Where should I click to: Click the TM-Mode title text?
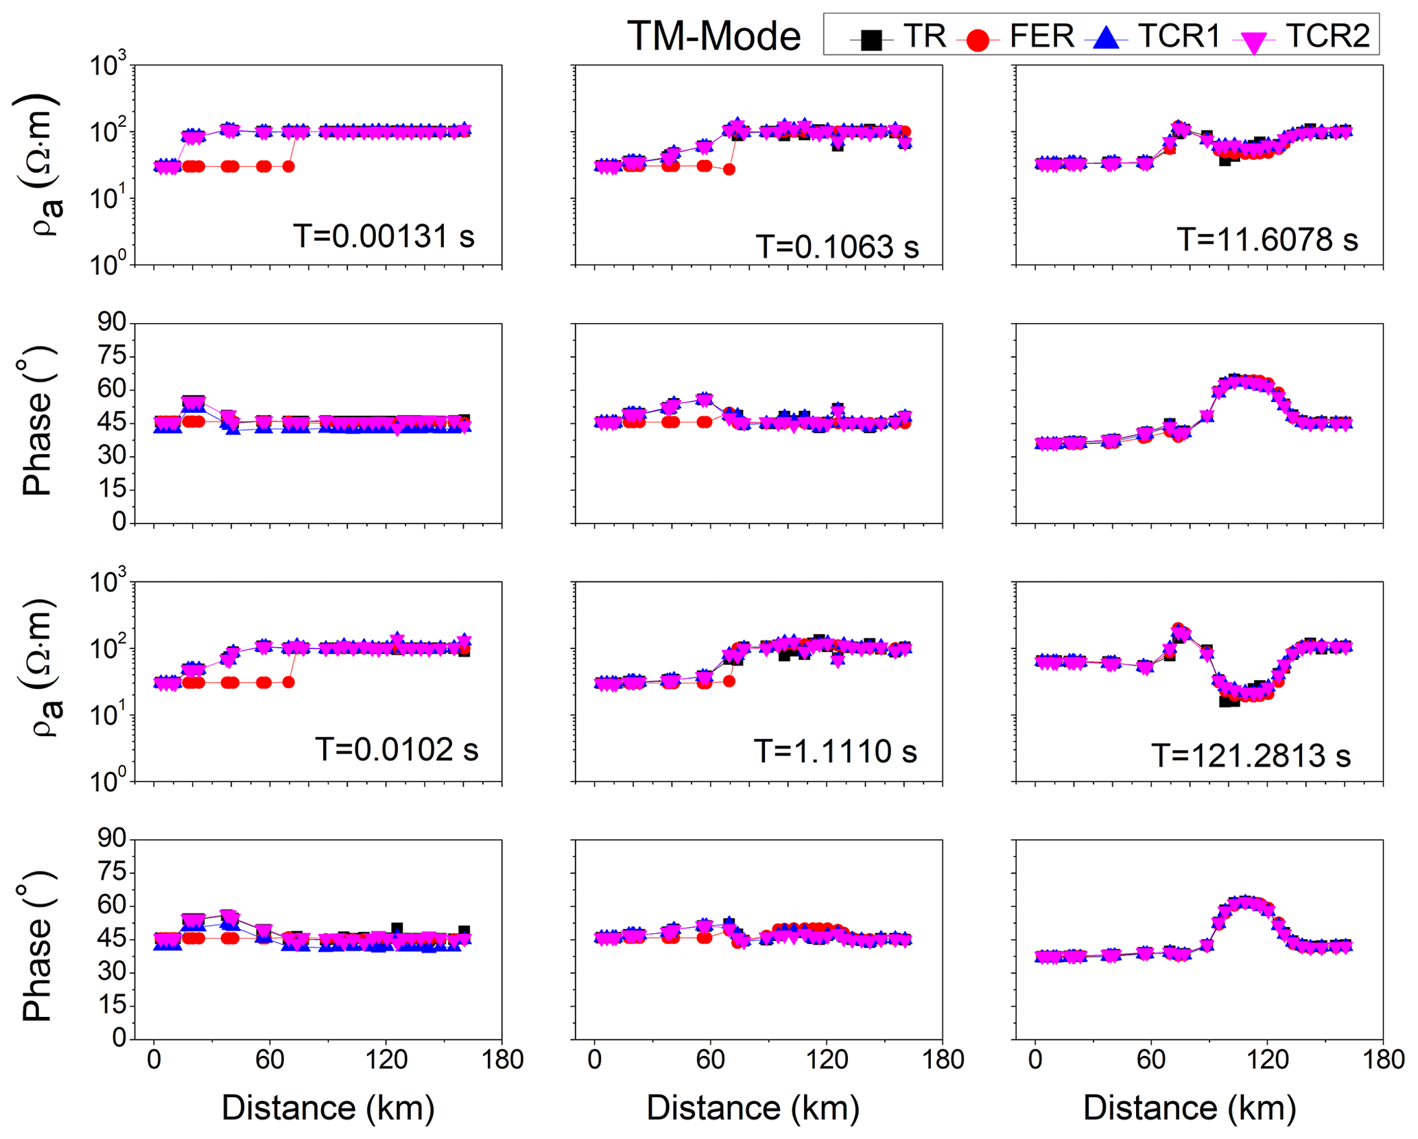pos(713,36)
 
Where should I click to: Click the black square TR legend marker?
pos(871,40)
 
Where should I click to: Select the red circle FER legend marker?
pos(977,40)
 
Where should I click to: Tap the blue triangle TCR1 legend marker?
pos(1106,38)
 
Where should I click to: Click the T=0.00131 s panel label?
pos(384,236)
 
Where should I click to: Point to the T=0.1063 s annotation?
pos(837,246)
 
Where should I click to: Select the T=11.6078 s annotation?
pos(1268,239)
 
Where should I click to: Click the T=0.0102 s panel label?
pos(397,749)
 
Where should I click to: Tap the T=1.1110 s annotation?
pos(836,751)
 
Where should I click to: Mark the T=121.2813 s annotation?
pos(1251,756)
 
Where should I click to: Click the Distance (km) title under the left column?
pos(328,1107)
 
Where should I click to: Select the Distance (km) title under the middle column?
pos(753,1107)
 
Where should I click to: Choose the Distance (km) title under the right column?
pos(1190,1107)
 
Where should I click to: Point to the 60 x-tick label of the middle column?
pos(711,1059)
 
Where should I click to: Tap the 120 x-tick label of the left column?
pos(386,1059)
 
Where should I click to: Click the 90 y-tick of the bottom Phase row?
pos(112,838)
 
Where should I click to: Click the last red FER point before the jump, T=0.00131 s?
pos(289,166)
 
